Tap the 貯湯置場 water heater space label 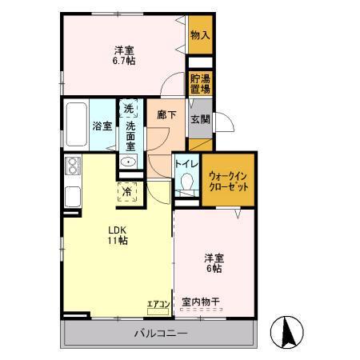(x=199, y=82)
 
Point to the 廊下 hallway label (x=166, y=115)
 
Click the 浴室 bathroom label (x=102, y=126)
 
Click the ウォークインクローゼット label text (x=229, y=180)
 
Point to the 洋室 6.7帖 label (x=123, y=54)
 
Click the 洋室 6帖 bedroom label (x=214, y=263)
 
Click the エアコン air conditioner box (x=157, y=304)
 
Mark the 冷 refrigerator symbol (x=127, y=191)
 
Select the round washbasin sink (x=128, y=162)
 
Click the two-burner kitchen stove (x=73, y=166)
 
